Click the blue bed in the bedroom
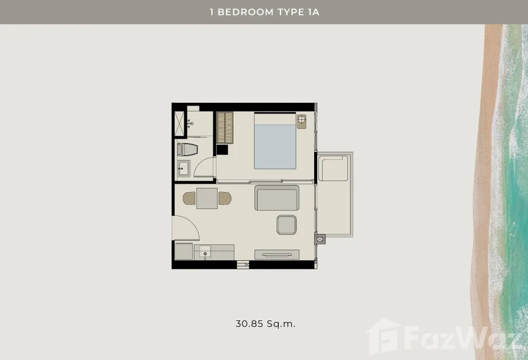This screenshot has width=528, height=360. click(x=275, y=141)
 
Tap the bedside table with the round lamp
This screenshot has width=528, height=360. click(x=301, y=121)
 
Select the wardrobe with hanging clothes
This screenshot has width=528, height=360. click(x=225, y=128)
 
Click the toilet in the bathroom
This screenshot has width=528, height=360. click(x=187, y=149)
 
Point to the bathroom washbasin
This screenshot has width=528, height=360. click(x=184, y=168)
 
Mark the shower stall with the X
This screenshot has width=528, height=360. click(x=179, y=124)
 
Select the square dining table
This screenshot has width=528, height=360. click(x=207, y=198)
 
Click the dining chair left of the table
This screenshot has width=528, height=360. click(x=189, y=198)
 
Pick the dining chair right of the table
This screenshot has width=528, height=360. click(x=225, y=198)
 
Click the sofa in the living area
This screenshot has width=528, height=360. click(x=277, y=197)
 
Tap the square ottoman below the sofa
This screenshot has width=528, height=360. click(x=287, y=225)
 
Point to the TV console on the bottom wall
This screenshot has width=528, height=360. click(x=277, y=254)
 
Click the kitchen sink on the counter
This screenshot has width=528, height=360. click(x=205, y=251)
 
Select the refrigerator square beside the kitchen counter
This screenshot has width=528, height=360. click(x=184, y=252)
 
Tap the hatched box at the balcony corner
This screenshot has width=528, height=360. click(x=319, y=239)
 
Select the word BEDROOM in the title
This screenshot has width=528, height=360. click(x=246, y=12)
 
